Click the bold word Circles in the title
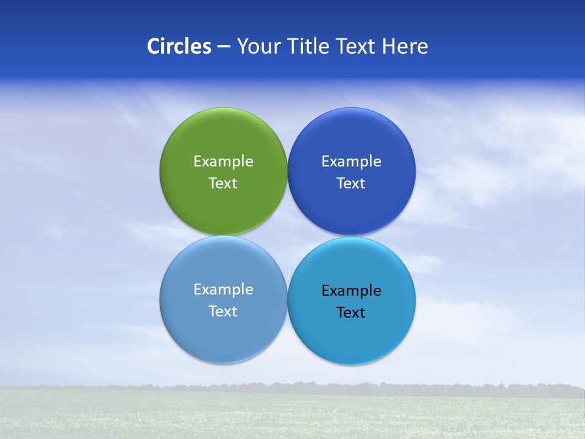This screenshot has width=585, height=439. (x=179, y=46)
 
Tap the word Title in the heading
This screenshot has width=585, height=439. (x=310, y=46)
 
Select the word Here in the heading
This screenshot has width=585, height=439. (x=405, y=46)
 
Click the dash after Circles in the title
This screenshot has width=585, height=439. (x=224, y=47)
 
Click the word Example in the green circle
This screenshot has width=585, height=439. (x=223, y=162)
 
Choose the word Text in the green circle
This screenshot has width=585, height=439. (x=223, y=184)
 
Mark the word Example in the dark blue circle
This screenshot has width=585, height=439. (x=351, y=162)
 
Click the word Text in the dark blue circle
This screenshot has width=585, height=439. (x=351, y=184)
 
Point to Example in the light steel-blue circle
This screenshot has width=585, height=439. (x=223, y=290)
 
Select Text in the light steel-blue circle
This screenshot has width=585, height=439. (x=223, y=312)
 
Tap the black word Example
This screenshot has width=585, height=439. (x=351, y=291)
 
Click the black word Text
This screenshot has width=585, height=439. (x=351, y=313)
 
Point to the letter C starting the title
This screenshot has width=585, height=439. (x=154, y=46)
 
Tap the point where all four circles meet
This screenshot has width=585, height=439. (x=287, y=236)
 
